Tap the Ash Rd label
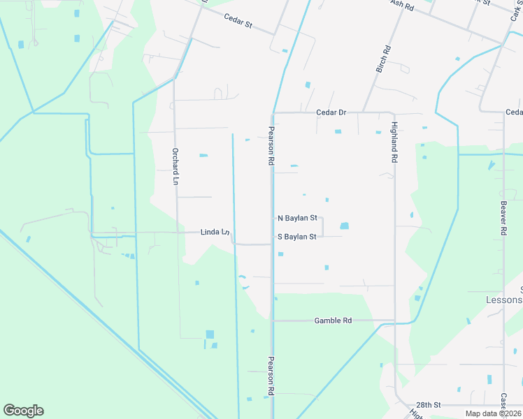403,5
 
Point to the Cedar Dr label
331,112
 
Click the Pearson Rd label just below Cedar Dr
271,145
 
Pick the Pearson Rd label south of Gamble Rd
271,376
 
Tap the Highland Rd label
394,142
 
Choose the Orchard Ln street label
175,166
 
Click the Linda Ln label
215,232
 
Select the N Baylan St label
298,219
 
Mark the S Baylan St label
297,237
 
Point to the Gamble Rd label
333,321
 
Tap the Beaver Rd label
503,219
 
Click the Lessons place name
503,300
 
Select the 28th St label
427,405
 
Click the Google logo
23,411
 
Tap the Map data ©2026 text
494,413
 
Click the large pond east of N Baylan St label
344,226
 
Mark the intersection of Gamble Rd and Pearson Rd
272,321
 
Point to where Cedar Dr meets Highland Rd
394,113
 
